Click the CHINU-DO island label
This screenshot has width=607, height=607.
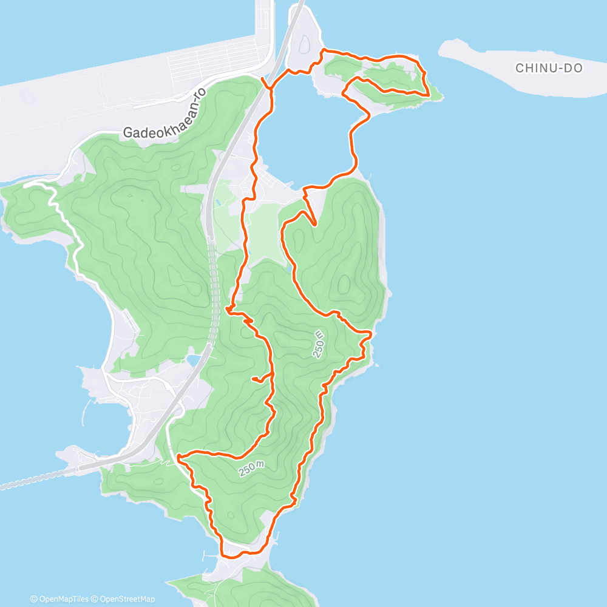pyautogui.click(x=549, y=68)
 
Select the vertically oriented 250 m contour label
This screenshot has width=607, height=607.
pyautogui.click(x=319, y=344)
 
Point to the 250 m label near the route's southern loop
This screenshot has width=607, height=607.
pyautogui.click(x=251, y=468)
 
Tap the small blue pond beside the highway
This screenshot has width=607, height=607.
pyautogui.click(x=193, y=361)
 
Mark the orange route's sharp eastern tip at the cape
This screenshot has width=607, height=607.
pyautogui.click(x=429, y=95)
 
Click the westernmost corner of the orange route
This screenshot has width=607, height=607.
pyautogui.click(x=178, y=456)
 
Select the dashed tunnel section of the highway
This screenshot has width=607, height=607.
pyautogui.click(x=213, y=285)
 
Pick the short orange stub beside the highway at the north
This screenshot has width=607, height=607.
pyautogui.click(x=264, y=83)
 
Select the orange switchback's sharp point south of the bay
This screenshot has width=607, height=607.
pyautogui.click(x=314, y=223)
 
